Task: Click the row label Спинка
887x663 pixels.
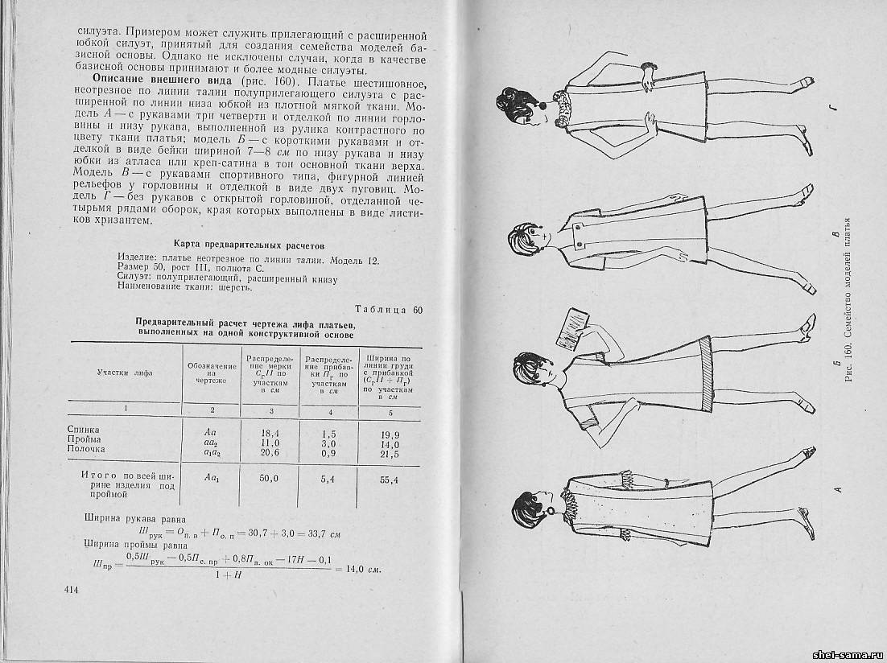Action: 83,430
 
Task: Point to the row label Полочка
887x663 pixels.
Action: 87,449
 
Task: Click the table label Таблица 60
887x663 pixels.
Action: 389,310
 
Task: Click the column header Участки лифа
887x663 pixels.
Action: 126,373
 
